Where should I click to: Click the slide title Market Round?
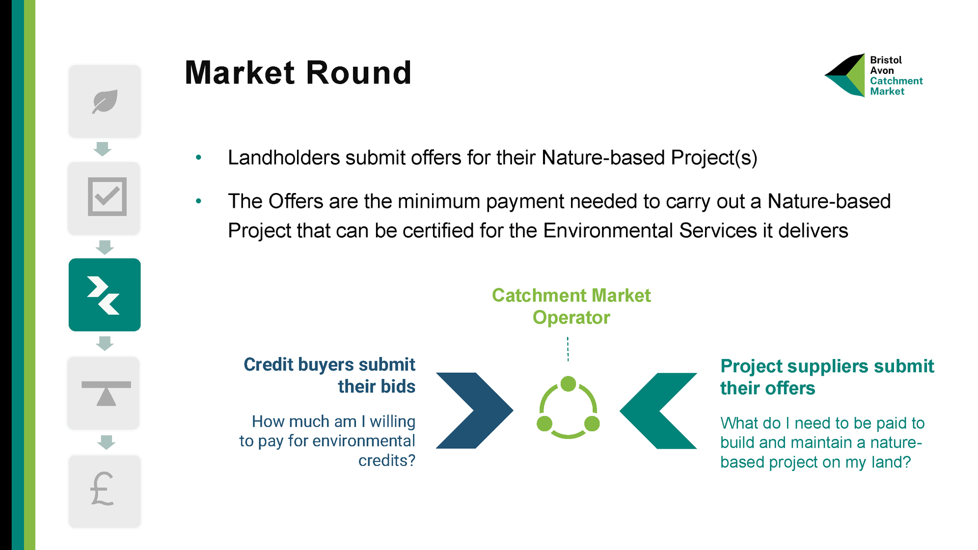(298, 72)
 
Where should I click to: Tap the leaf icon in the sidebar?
(105, 101)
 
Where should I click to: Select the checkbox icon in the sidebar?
(107, 197)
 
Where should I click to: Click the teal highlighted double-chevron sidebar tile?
(104, 295)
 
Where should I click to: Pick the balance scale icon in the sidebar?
(106, 393)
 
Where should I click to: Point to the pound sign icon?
(102, 489)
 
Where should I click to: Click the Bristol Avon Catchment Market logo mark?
(845, 75)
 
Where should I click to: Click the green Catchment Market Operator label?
(571, 306)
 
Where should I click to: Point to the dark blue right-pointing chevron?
(475, 410)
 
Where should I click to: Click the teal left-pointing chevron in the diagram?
(658, 410)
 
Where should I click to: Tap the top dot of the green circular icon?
(568, 383)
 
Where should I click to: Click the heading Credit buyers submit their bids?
(329, 375)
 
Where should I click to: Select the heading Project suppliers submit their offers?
(827, 377)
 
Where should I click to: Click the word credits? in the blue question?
(387, 460)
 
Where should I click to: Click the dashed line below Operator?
(568, 349)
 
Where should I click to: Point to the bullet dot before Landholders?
(199, 158)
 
